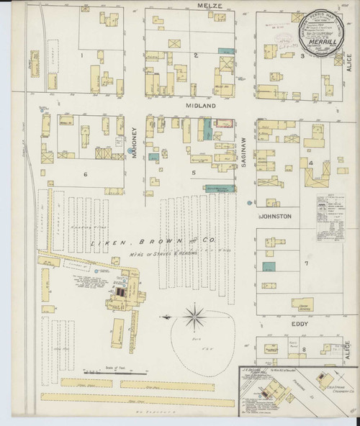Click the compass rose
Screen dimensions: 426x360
pyautogui.click(x=194, y=315)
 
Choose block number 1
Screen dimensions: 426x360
pyautogui.click(x=82, y=55)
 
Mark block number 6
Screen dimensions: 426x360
pyautogui.click(x=85, y=174)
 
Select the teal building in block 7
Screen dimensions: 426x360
pyautogui.click(x=269, y=267)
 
